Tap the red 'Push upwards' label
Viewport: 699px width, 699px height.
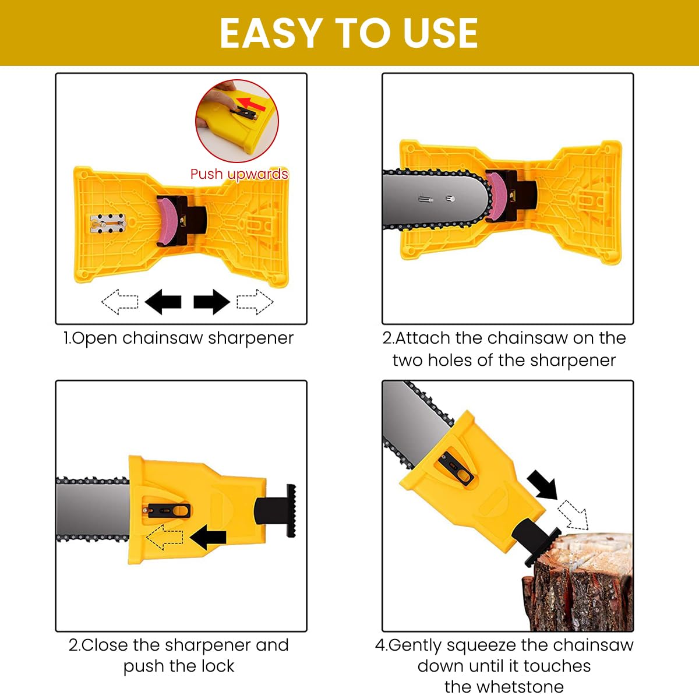[x=239, y=174]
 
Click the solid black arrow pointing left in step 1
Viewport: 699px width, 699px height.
[x=163, y=302]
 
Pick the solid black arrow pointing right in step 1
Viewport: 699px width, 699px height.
[x=211, y=302]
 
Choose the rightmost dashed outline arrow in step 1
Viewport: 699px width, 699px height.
[x=255, y=302]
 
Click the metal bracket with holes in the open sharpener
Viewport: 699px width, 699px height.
[x=108, y=223]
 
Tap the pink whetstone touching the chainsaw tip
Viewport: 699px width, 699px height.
[x=496, y=196]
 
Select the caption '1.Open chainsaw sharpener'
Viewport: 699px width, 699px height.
[x=178, y=338]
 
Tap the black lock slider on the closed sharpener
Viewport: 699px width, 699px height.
[x=169, y=511]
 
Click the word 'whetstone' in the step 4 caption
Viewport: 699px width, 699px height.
[x=504, y=687]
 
